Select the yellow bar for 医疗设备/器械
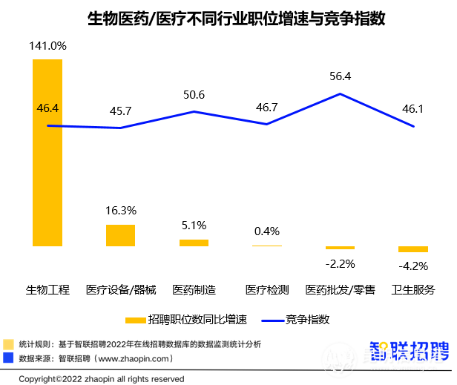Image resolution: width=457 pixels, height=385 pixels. (x=120, y=235)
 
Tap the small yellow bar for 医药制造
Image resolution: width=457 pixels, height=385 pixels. (x=194, y=243)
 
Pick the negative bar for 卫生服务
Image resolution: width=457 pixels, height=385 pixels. (x=412, y=249)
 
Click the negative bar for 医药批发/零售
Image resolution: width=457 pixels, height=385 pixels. (x=340, y=248)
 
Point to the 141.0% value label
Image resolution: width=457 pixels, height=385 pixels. (x=48, y=46)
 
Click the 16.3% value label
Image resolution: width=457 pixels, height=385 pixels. (x=121, y=211)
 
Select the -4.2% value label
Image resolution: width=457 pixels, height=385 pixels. (x=412, y=265)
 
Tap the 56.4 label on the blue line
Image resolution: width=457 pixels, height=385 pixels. (x=340, y=76)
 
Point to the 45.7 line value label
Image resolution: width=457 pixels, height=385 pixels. (x=120, y=111)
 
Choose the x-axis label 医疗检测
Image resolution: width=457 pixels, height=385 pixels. (x=266, y=289)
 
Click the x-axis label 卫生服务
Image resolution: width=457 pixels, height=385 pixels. (x=412, y=289)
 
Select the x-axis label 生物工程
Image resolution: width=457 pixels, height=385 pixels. (x=47, y=289)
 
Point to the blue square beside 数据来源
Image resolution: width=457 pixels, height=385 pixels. (x=8, y=358)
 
